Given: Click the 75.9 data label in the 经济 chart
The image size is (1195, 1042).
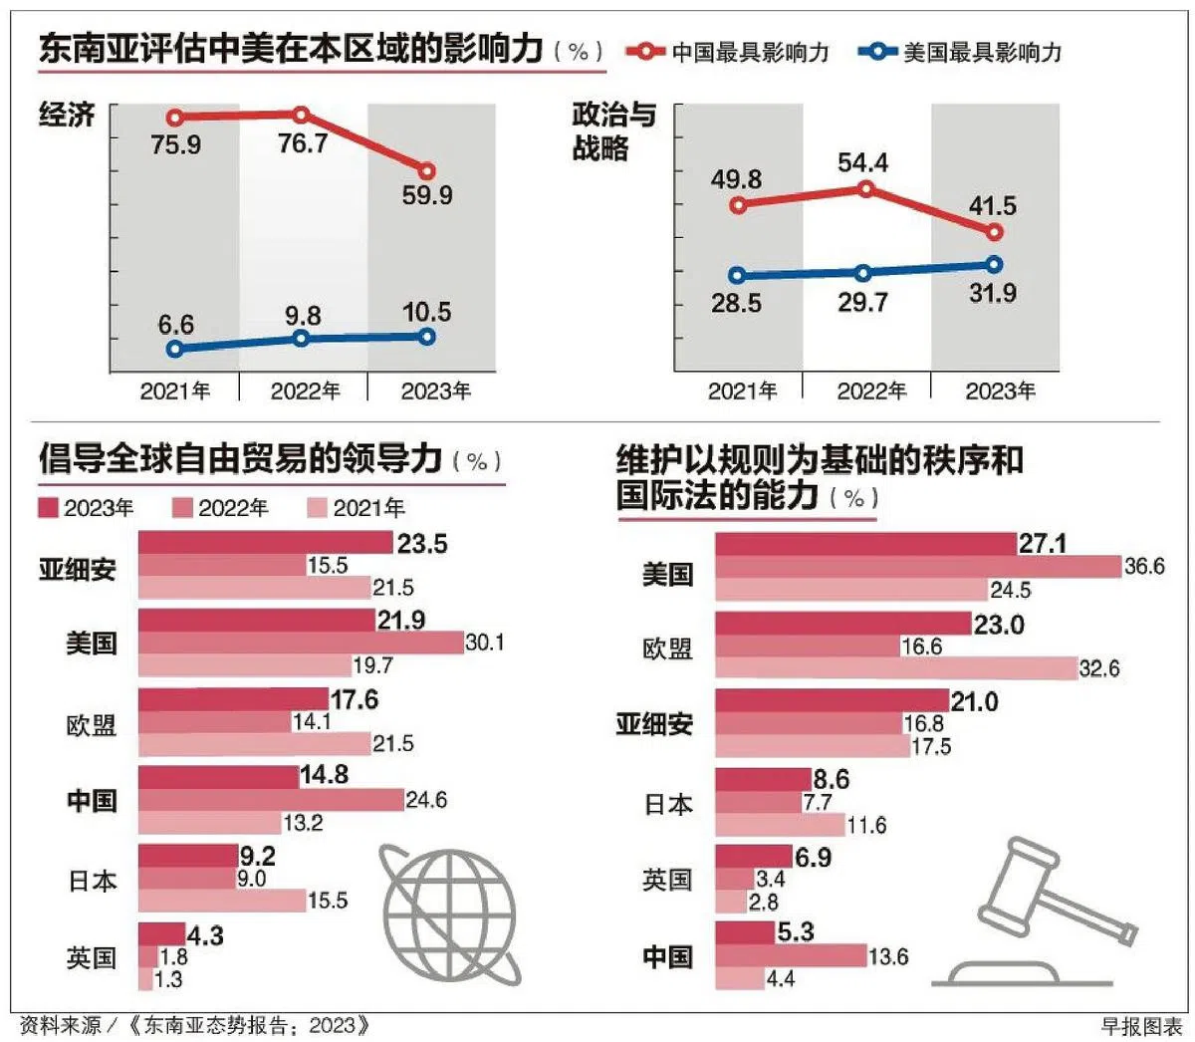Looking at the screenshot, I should [x=176, y=145].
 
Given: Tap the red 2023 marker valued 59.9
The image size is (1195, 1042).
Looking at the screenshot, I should [x=427, y=171].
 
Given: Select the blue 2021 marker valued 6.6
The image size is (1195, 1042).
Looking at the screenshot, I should [x=175, y=349].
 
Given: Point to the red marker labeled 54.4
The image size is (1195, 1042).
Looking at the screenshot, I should [x=865, y=188].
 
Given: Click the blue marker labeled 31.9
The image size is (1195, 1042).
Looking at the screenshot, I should [x=993, y=264].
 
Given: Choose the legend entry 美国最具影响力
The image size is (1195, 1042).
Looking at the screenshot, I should [x=962, y=52].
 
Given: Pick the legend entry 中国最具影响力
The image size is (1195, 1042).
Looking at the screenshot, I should [x=730, y=52].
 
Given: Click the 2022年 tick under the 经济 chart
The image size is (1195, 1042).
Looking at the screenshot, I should [x=305, y=391].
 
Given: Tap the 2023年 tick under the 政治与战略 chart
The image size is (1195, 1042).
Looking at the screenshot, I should [x=1000, y=391].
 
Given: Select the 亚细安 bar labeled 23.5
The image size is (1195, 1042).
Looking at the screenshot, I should [x=265, y=543].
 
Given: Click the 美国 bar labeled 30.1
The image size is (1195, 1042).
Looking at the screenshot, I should [x=301, y=643].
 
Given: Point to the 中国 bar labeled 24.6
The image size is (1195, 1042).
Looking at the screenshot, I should [x=271, y=800].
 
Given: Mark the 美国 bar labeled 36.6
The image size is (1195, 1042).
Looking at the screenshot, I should [x=918, y=567].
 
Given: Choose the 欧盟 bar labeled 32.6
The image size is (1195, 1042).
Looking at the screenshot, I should [x=896, y=668].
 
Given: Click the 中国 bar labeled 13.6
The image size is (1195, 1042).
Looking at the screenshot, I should [x=791, y=956].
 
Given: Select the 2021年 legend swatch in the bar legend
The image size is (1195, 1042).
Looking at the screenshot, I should [x=317, y=509].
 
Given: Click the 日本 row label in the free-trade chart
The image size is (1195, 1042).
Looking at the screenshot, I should [x=92, y=881].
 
